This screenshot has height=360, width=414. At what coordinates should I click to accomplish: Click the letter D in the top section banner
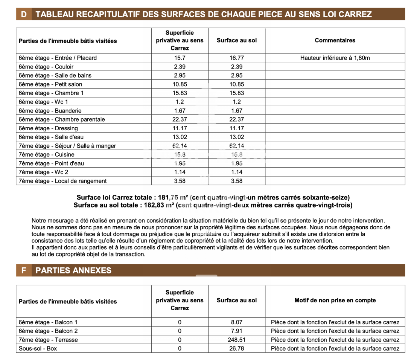point(24,14)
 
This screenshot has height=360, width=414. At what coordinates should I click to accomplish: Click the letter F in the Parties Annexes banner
point(24,270)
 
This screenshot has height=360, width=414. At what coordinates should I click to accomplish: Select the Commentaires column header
point(335,40)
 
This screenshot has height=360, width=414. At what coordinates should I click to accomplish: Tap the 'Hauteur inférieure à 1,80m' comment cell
point(335,58)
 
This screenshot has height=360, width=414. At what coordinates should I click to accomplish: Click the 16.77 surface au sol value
point(237,58)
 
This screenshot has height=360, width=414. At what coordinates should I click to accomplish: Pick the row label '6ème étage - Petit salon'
point(50,84)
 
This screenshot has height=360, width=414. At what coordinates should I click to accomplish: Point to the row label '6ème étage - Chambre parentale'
point(62,119)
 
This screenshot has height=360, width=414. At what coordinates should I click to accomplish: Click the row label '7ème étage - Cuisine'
point(47,154)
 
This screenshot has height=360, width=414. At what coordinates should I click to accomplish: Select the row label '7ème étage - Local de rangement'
point(62,181)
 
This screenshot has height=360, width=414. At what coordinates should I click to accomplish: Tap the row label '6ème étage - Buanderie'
point(50,111)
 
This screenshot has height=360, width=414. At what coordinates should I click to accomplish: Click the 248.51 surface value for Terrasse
point(237,340)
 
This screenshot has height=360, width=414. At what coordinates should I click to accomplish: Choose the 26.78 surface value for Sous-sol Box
point(237,348)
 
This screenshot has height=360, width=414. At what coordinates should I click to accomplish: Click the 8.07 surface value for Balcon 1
point(237,322)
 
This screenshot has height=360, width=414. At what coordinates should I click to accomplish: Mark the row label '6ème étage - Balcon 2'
point(48,331)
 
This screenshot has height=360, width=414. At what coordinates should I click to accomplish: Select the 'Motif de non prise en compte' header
point(335,300)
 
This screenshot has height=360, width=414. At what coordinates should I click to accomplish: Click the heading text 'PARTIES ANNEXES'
point(73,270)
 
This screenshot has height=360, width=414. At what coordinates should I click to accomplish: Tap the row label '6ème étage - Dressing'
point(48,128)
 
